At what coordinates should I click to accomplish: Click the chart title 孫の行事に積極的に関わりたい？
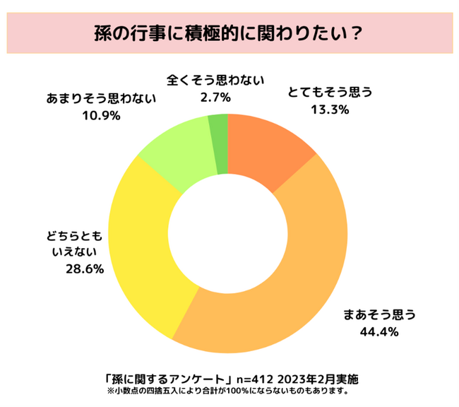point(229,33)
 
